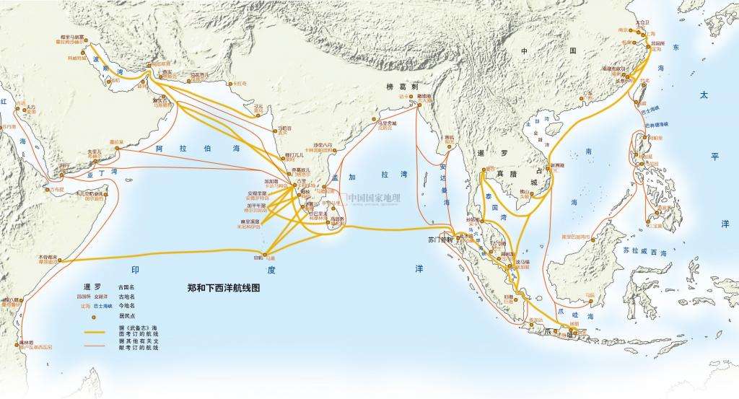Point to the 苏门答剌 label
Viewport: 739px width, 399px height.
(440, 239)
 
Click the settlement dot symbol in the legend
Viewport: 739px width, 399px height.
(92, 315)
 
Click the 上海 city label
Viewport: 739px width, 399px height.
(650, 33)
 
